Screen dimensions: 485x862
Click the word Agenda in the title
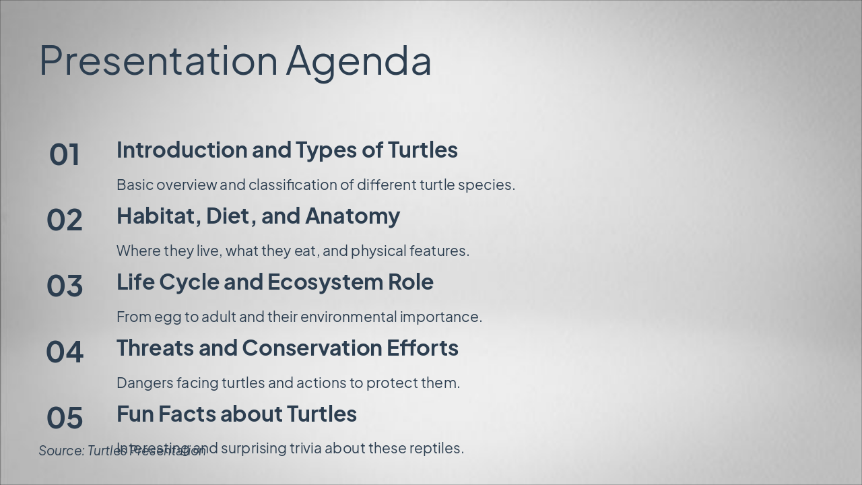pos(358,61)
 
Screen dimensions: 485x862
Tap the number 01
pos(65,154)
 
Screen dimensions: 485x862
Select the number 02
pos(65,220)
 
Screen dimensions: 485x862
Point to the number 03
pos(65,286)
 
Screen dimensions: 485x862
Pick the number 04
pos(65,352)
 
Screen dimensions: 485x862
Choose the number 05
pos(65,418)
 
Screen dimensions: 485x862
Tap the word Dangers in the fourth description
pos(145,383)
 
